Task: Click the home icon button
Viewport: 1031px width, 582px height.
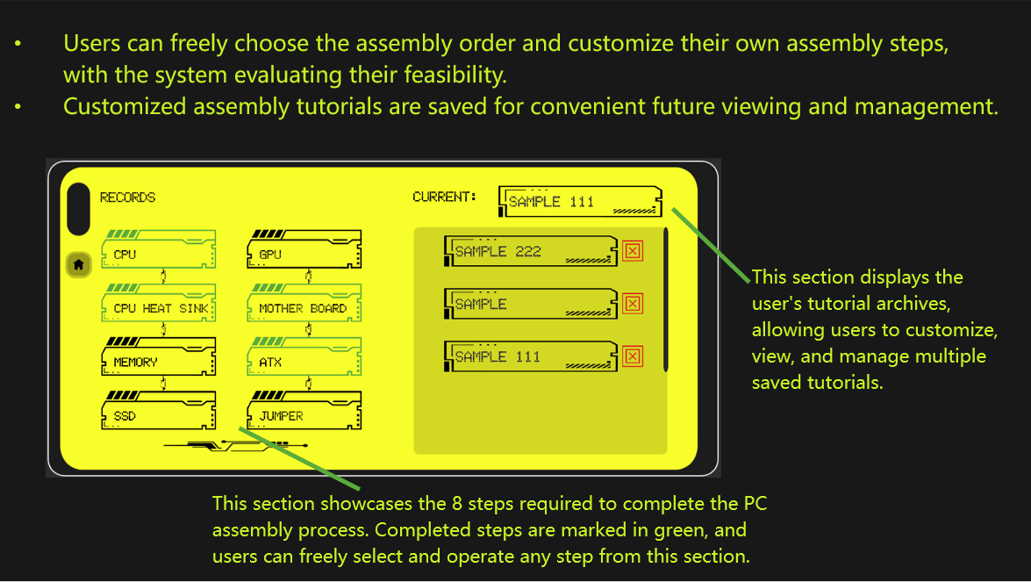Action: pyautogui.click(x=79, y=264)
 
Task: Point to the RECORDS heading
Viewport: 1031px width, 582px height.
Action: pyautogui.click(x=127, y=198)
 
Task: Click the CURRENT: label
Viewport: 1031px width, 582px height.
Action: pyautogui.click(x=444, y=197)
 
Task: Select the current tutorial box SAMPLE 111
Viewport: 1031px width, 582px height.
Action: pyautogui.click(x=579, y=201)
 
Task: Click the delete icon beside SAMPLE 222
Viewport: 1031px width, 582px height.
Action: pyautogui.click(x=633, y=251)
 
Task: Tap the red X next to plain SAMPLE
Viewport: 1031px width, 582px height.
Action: pyautogui.click(x=633, y=304)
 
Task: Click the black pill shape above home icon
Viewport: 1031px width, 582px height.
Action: pyautogui.click(x=78, y=209)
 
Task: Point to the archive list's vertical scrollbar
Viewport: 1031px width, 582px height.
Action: pyautogui.click(x=666, y=298)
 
